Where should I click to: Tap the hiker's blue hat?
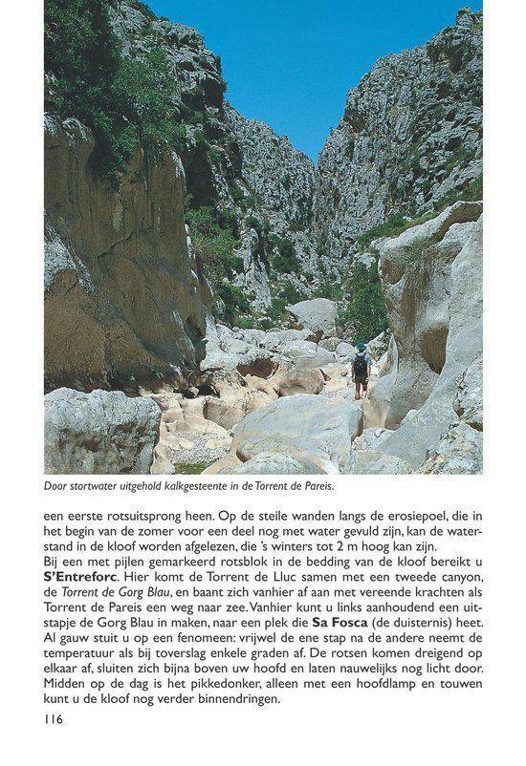coord(360,348)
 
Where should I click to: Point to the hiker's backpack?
coord(360,364)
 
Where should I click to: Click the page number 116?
coord(54,718)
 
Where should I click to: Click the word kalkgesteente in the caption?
coord(190,486)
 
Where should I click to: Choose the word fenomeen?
coord(178,636)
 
